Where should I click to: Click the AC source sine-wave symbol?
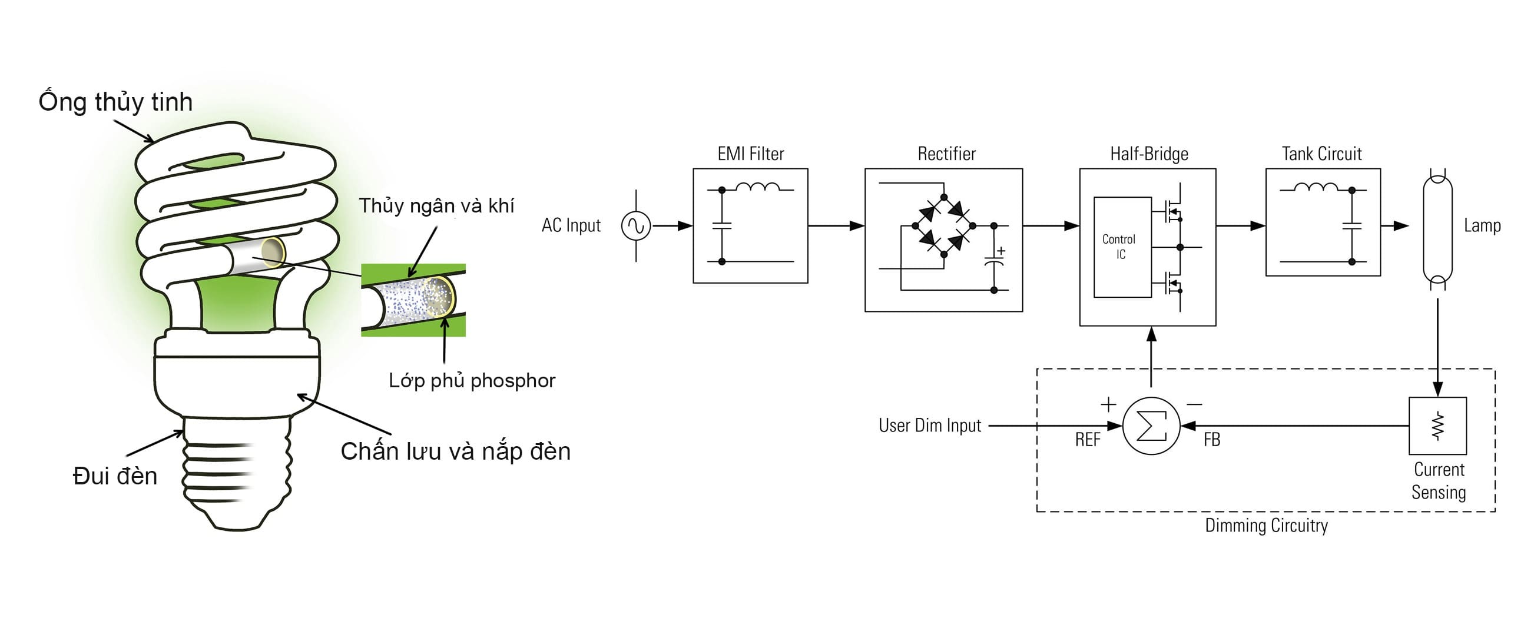tap(636, 226)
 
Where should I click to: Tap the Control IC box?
tap(1122, 247)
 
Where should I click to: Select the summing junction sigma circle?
tap(1151, 426)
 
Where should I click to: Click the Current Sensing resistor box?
tap(1437, 426)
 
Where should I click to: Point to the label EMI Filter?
tap(750, 154)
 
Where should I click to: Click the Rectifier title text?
tap(946, 154)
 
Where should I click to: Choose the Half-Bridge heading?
tap(1149, 154)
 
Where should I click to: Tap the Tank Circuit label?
tap(1321, 154)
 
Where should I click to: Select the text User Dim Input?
tap(929, 426)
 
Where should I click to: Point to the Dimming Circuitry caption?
tap(1266, 526)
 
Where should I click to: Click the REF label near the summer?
tap(1088, 440)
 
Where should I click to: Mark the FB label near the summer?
tap(1212, 440)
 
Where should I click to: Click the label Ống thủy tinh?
tap(115, 102)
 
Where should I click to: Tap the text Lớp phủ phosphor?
tap(472, 381)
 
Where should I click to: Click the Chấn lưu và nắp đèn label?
tap(455, 452)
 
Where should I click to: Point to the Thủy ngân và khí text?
tap(436, 206)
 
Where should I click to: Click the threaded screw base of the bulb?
tap(237, 473)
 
